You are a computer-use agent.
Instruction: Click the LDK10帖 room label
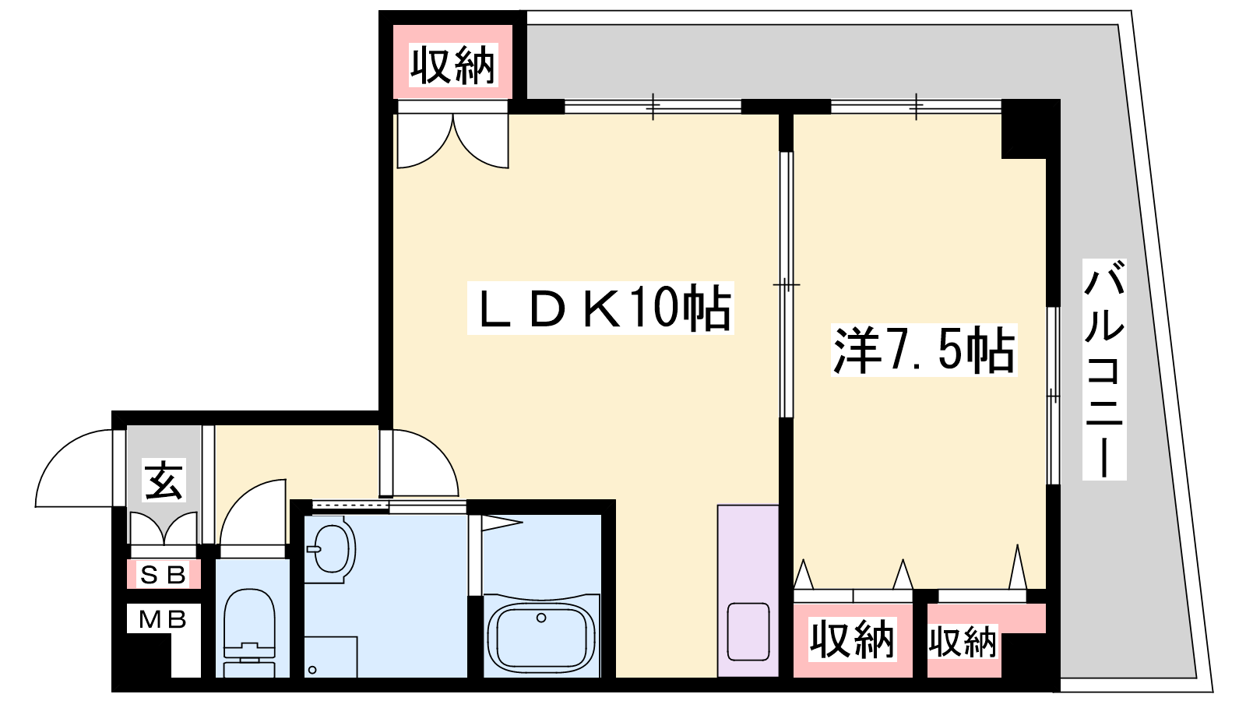click(x=600, y=308)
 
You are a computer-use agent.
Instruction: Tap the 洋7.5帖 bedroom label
click(x=924, y=350)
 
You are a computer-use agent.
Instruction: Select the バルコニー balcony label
click(x=1104, y=369)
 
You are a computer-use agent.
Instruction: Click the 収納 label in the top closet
click(x=452, y=65)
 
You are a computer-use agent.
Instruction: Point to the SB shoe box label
click(x=163, y=575)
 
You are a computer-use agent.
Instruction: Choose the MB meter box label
click(x=163, y=618)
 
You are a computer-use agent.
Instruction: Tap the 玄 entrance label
click(x=164, y=481)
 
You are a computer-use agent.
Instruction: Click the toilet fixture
click(x=249, y=632)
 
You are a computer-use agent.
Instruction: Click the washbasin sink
click(x=333, y=549)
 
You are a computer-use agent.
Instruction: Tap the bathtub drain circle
click(x=541, y=618)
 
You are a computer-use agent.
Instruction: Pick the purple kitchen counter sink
click(x=748, y=632)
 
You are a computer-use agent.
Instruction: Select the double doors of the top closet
click(x=452, y=140)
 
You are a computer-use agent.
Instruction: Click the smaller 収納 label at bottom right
click(x=963, y=642)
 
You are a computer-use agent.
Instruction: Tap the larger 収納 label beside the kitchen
click(x=852, y=639)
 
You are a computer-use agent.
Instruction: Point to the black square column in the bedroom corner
click(x=1024, y=129)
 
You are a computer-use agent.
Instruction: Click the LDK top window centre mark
click(x=653, y=106)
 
